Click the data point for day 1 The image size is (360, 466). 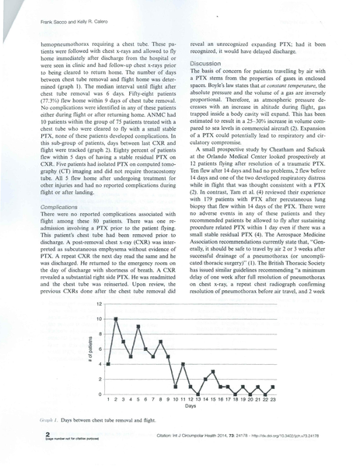coord(108,364)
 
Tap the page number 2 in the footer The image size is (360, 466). coord(28,436)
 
